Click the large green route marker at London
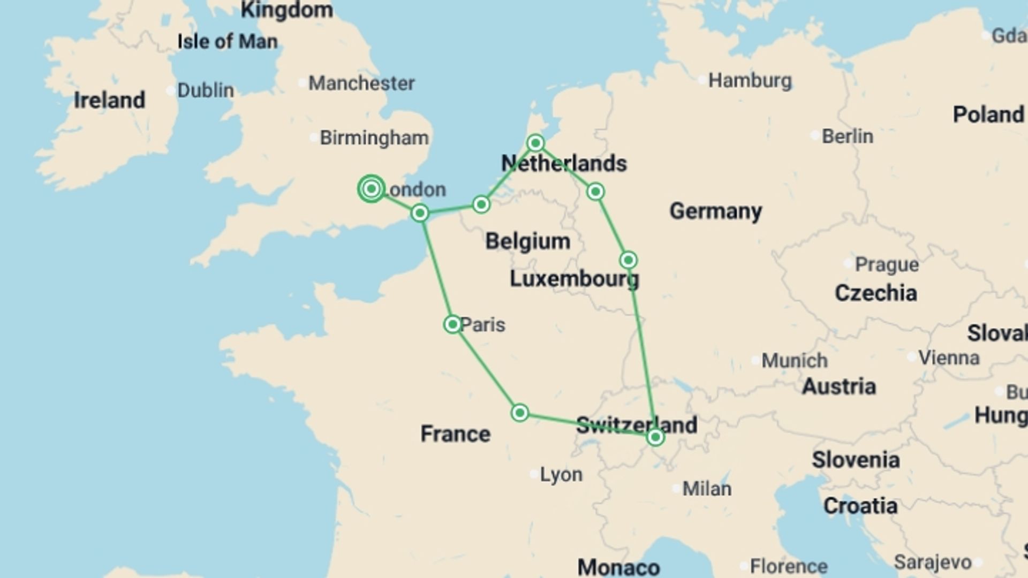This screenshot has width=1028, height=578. pos(371,189)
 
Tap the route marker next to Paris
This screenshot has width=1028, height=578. pos(452,324)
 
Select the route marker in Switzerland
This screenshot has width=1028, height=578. pos(655,437)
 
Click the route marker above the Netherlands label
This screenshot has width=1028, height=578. pos(535,143)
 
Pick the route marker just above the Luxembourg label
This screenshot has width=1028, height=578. pos(628,260)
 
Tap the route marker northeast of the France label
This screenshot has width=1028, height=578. pos(519,413)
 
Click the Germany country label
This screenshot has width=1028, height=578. pos(715,211)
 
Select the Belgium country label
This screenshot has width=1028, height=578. pos(527,241)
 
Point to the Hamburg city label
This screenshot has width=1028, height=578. pos(750,81)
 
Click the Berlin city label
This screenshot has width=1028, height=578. pos(847,136)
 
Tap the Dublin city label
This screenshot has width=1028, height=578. pos(205,90)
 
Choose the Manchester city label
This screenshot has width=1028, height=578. pos(361,83)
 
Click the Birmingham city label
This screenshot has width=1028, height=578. pos(374,138)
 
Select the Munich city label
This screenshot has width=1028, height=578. pos(794,360)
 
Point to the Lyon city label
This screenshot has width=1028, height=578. pos(561,474)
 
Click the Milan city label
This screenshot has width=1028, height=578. pos(706,488)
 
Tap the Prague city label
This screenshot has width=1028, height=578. pos(886,264)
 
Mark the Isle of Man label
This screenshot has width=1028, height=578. pos(228,41)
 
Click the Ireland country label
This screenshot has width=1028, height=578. pos(109,100)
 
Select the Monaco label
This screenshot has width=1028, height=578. pos(618,567)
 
